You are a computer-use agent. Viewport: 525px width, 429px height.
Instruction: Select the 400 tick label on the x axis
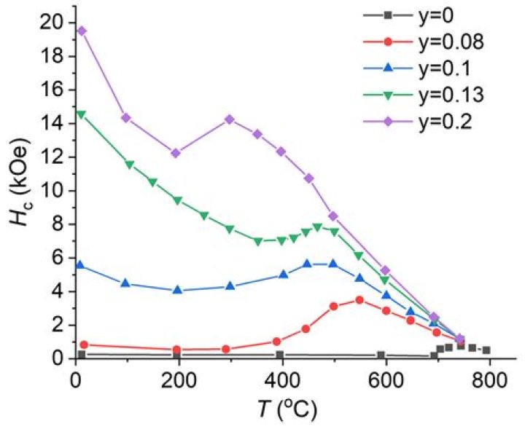tap(282, 380)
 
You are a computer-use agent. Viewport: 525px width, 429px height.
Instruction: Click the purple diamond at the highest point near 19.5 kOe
tap(82, 31)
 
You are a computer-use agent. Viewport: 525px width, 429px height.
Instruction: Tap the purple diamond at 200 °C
tap(176, 153)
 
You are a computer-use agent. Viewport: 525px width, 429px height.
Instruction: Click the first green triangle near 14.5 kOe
tap(81, 114)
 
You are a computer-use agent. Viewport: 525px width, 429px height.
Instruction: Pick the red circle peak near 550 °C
tap(359, 299)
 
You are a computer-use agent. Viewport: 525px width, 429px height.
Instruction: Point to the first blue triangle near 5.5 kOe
tap(81, 266)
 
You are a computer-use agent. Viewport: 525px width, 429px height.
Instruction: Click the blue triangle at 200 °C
tap(177, 290)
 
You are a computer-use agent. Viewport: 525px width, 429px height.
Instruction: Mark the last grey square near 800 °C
tap(486, 350)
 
